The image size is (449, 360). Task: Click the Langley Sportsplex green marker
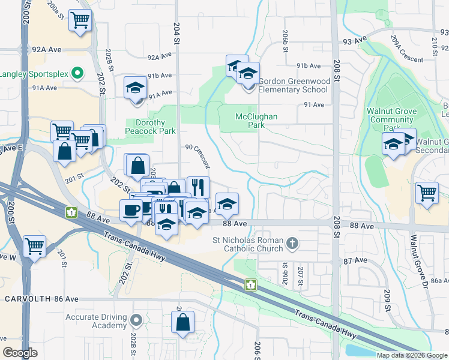click(77, 74)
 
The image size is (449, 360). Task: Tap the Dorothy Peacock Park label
click(151, 126)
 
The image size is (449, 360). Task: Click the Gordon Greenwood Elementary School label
click(291, 85)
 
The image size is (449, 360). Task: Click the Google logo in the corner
click(20, 352)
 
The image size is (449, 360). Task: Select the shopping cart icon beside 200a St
click(80, 20)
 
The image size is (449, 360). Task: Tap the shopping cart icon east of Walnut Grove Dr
click(427, 193)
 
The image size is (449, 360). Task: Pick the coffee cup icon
click(131, 210)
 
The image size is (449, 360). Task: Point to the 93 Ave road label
click(355, 41)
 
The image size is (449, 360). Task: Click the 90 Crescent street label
click(198, 155)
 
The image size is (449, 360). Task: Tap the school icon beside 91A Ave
click(135, 88)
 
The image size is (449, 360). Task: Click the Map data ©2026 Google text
click(411, 355)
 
